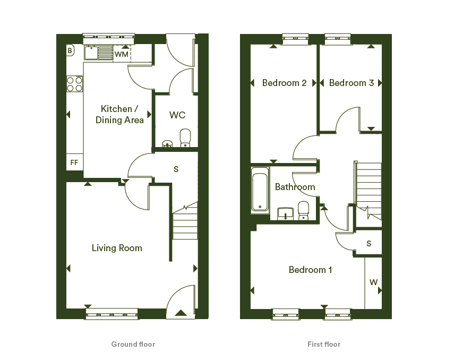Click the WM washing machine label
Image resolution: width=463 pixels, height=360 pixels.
(x=122, y=54)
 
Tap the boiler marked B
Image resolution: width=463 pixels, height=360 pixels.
(x=70, y=50)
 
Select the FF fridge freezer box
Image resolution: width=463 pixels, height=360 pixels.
(x=74, y=162)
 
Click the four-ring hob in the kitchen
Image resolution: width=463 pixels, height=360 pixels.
(x=75, y=84)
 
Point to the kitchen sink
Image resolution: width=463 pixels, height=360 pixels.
(x=99, y=53)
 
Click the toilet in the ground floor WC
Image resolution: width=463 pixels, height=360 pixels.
(x=185, y=138)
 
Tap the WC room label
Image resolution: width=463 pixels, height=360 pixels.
(x=177, y=115)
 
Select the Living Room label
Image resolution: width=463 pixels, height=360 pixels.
(x=117, y=248)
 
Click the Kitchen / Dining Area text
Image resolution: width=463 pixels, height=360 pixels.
(x=119, y=114)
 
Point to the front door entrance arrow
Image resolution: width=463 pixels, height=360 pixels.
(x=181, y=313)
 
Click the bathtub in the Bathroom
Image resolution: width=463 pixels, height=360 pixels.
(x=260, y=190)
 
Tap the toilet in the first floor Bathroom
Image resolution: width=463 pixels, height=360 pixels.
(x=303, y=211)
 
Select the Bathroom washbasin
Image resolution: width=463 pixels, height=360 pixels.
(x=285, y=213)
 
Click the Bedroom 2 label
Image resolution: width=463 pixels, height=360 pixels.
(x=285, y=83)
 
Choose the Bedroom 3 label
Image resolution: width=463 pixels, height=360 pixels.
(x=351, y=83)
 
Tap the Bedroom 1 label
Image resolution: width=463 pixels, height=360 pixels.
(x=310, y=270)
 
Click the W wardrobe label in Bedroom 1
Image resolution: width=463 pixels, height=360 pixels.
(x=373, y=282)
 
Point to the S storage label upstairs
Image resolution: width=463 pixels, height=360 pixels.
(x=369, y=244)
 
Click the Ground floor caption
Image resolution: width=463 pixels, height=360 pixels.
(x=133, y=344)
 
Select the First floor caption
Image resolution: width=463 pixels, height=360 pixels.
(x=324, y=344)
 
